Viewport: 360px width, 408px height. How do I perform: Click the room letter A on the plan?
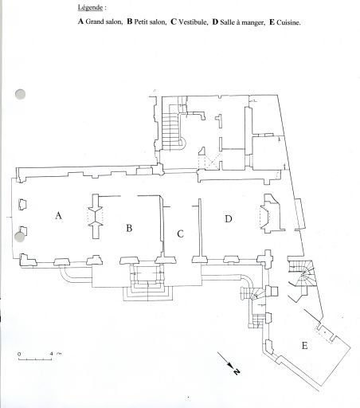(x=59, y=215)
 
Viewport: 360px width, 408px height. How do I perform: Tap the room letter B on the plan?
(x=129, y=228)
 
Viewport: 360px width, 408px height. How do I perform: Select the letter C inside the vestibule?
(x=180, y=234)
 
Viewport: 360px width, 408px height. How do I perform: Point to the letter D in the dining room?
(x=229, y=219)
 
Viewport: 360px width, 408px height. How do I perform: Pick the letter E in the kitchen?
(x=304, y=346)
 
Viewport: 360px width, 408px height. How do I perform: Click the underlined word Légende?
(x=90, y=7)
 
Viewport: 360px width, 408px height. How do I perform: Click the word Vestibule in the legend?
(x=193, y=22)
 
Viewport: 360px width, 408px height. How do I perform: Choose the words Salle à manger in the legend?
(x=242, y=22)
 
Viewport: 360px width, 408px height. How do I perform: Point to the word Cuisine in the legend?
(x=288, y=22)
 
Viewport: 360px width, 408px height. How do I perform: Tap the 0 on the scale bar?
(x=19, y=354)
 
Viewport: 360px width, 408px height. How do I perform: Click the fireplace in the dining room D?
(x=271, y=214)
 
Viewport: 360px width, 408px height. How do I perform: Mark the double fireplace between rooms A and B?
(x=96, y=216)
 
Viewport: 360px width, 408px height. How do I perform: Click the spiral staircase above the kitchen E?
(x=302, y=274)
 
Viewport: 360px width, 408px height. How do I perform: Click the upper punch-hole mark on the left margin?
(x=20, y=94)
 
